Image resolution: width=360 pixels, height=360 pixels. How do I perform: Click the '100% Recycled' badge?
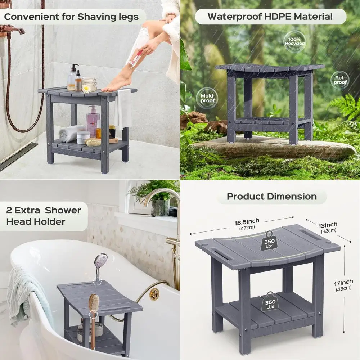point(295,41)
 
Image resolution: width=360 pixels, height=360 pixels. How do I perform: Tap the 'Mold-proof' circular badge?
point(207,98)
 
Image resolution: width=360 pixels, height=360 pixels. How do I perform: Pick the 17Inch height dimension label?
point(343,284)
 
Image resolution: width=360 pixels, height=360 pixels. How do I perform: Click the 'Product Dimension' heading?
point(272,197)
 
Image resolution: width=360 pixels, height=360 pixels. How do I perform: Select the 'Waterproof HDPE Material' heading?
point(270,17)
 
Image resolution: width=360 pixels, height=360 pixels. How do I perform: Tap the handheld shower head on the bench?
point(100,263)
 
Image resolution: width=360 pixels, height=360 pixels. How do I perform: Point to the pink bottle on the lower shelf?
point(93,122)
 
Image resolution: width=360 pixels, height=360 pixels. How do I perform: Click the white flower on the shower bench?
point(86,88)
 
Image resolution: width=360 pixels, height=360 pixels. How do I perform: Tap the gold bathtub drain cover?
point(154,294)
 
